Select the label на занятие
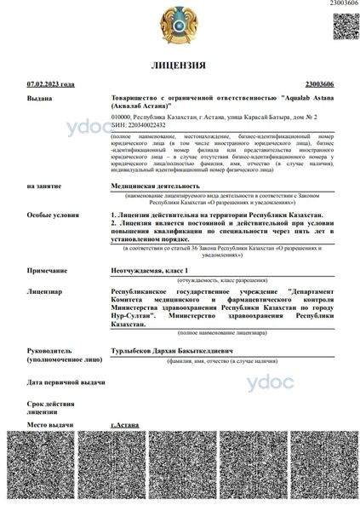coord(43,185)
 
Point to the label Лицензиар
coord(44,290)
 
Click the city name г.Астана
coord(125,423)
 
